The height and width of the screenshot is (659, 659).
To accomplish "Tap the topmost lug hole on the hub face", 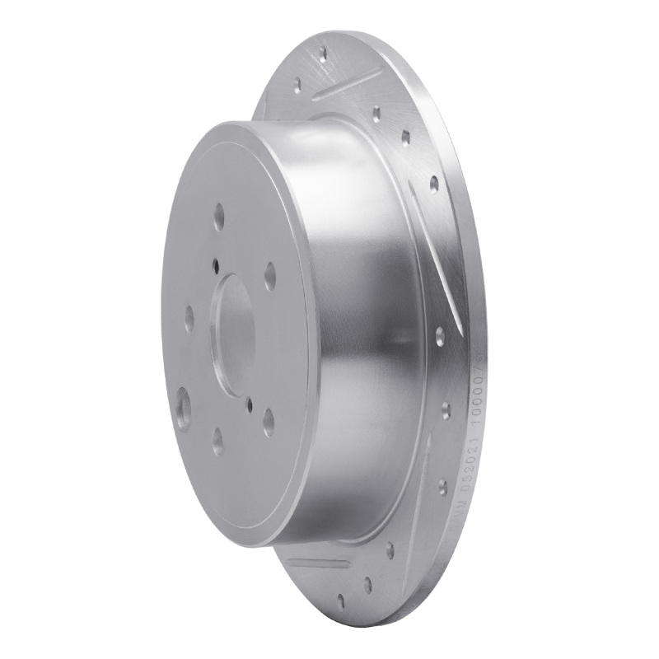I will pyautogui.click(x=219, y=219).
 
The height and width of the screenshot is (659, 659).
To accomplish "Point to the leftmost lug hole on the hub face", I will pyautogui.click(x=189, y=316).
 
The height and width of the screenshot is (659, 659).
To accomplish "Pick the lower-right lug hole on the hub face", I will pyautogui.click(x=269, y=423).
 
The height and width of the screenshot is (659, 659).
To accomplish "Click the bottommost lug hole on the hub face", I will pyautogui.click(x=217, y=441).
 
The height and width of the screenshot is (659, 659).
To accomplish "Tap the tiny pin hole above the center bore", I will pyautogui.click(x=215, y=265).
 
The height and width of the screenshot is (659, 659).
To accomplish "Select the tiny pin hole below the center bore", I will pyautogui.click(x=249, y=403).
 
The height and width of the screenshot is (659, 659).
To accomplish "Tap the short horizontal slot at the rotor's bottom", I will pyautogui.click(x=317, y=563).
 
